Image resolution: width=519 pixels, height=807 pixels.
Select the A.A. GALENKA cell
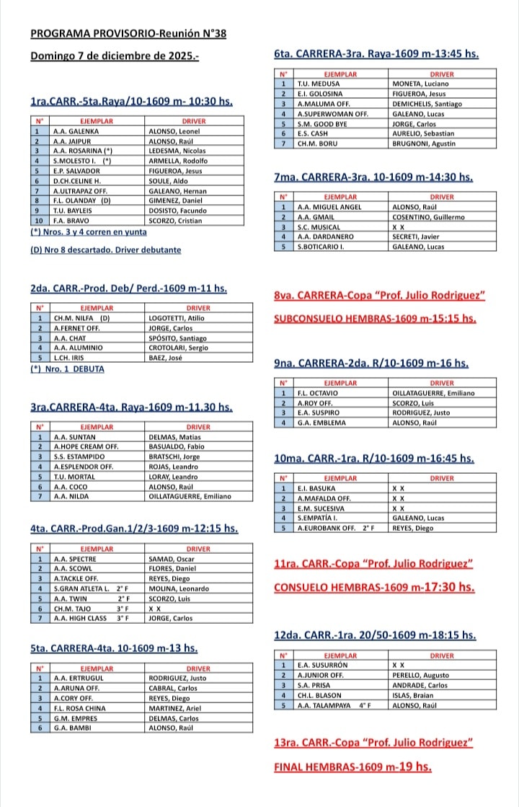click(76, 132)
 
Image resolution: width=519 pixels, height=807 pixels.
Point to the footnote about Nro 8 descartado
click(106, 250)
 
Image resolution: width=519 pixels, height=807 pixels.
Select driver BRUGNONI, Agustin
click(423, 144)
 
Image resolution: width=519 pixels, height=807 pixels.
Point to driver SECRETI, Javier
click(417, 236)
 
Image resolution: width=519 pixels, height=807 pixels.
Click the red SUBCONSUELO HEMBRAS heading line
click(375, 318)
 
